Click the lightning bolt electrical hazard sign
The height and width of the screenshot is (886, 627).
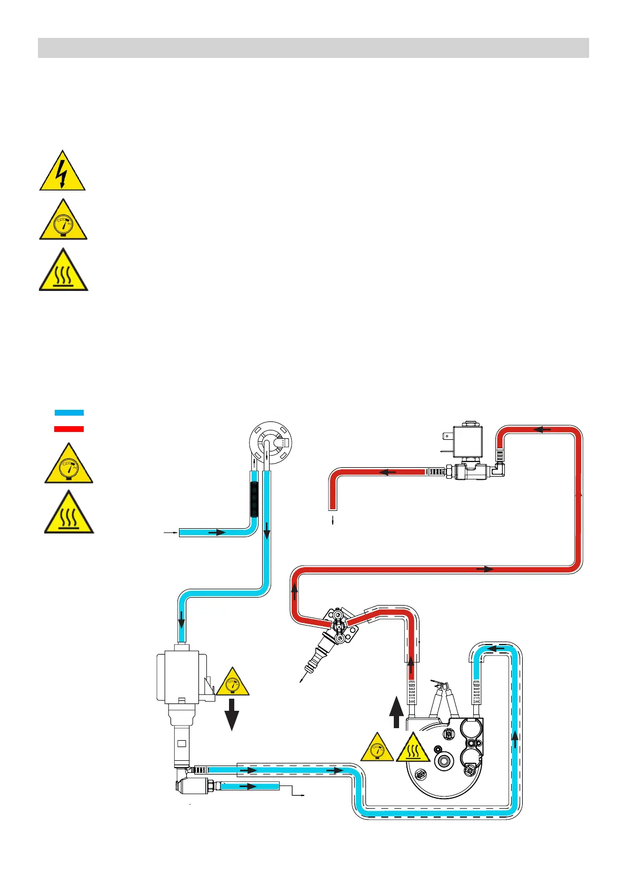(62, 172)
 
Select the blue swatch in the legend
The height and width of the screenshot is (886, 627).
(69, 413)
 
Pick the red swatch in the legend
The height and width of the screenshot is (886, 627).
(69, 429)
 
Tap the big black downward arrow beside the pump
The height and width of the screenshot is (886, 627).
(232, 714)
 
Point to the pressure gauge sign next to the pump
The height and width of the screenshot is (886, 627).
(232, 683)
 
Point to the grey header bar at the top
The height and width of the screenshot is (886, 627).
(313, 48)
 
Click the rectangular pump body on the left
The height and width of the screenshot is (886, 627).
(179, 676)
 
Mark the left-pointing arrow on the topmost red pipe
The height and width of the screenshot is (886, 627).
(542, 430)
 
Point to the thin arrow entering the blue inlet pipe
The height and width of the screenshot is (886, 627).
(170, 533)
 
